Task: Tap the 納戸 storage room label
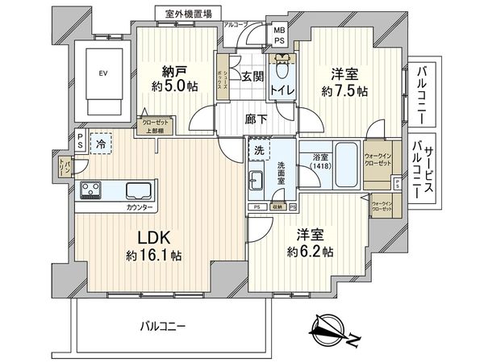[x=169, y=70]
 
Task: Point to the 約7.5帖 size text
[x=344, y=91]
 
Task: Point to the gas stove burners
[x=91, y=190]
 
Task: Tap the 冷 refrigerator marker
[x=101, y=142]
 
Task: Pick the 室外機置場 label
[x=190, y=14]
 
